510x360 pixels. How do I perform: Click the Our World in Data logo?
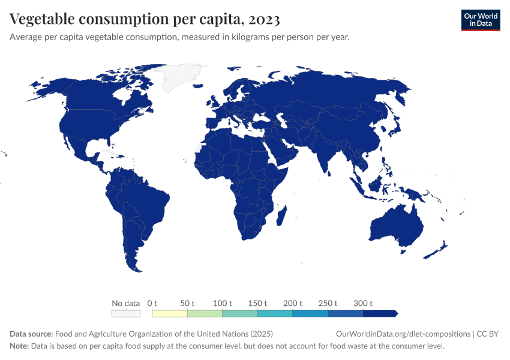click(480, 19)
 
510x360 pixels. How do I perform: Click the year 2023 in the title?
click(263, 19)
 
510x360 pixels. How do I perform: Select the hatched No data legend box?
click(125, 313)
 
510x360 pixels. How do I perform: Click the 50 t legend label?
click(188, 303)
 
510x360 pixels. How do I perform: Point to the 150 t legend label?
click(258, 303)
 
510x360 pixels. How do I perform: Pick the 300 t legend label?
click(363, 303)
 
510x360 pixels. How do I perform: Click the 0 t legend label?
click(152, 303)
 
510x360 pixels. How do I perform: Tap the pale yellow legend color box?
click(170, 313)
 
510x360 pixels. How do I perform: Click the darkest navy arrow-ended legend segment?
click(379, 313)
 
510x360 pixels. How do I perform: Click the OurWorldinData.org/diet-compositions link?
click(403, 334)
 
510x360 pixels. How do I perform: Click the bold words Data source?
click(31, 334)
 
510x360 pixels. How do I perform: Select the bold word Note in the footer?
click(20, 346)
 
